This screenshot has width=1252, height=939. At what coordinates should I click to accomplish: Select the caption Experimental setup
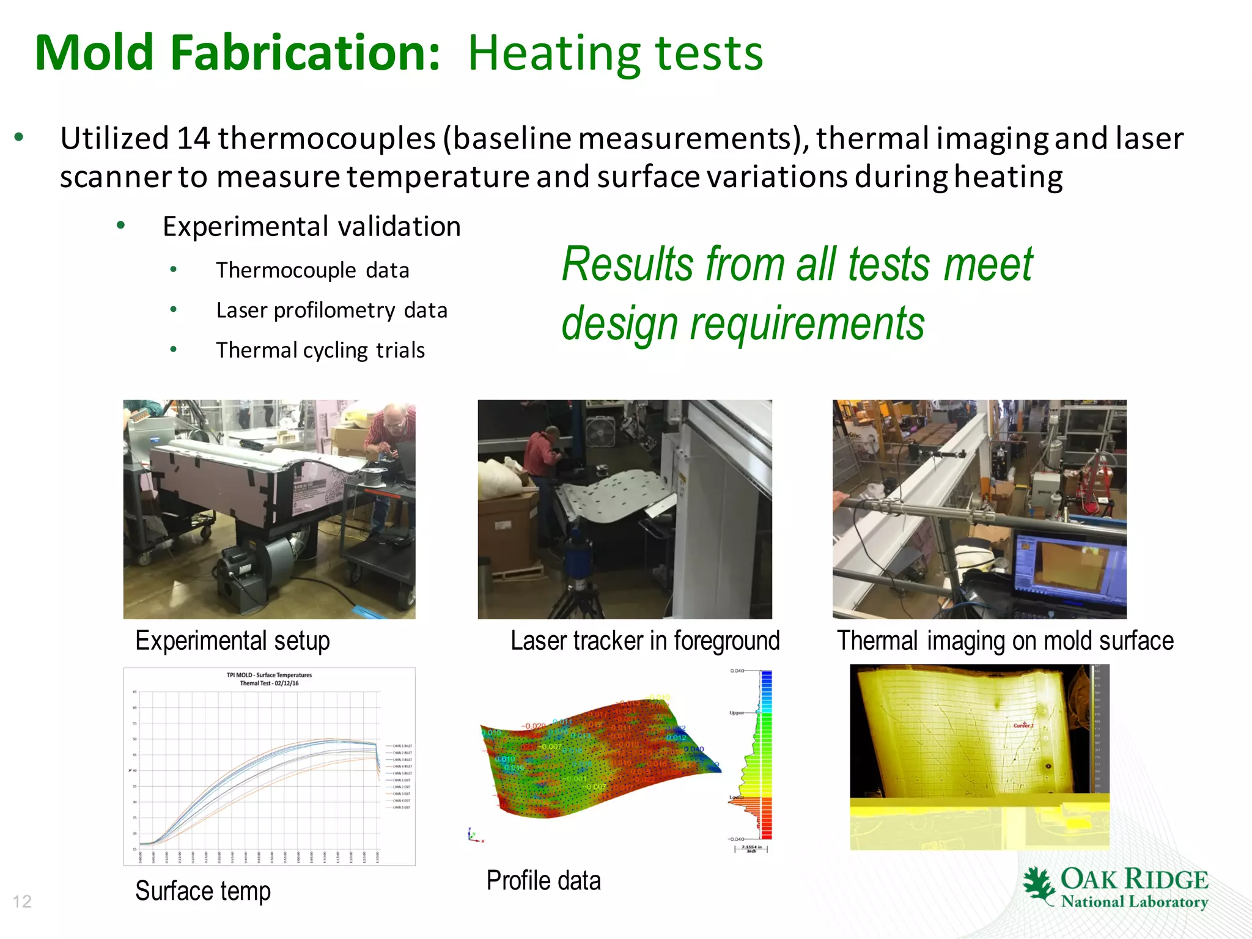coord(232,641)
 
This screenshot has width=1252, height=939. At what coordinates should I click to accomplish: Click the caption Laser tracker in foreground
coord(645,641)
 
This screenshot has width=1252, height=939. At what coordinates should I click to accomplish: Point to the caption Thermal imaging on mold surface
coord(1005,641)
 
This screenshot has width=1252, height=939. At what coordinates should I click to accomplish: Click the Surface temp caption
coord(202,891)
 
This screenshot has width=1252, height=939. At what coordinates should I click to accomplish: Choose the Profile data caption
coord(543,881)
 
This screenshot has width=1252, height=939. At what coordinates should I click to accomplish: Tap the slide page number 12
coord(22,902)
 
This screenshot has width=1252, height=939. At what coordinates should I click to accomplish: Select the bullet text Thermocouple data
coord(312,270)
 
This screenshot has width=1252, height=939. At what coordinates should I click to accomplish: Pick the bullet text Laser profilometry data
coord(331,311)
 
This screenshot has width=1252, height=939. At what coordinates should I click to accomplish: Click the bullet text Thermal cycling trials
coord(320,350)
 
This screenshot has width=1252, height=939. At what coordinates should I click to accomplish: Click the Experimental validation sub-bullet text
coord(311,227)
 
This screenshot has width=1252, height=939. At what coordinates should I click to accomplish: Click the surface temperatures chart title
coord(269,679)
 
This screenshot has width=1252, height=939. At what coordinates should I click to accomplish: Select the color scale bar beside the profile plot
coord(766,754)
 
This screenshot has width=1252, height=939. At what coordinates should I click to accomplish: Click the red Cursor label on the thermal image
coord(1023,726)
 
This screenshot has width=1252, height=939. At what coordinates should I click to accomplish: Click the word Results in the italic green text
coord(628,264)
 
